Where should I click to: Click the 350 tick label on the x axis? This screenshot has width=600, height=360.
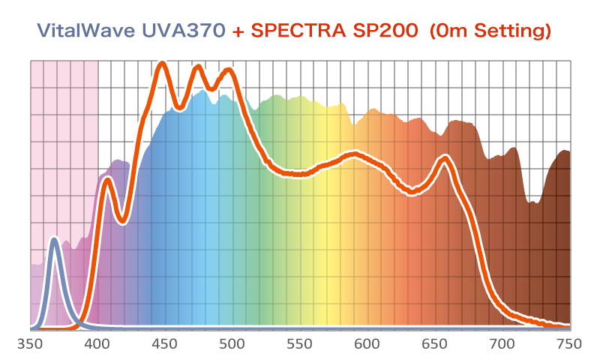(30, 344)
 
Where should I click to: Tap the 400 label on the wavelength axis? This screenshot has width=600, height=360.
(97, 344)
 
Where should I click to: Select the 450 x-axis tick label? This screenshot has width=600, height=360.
(165, 344)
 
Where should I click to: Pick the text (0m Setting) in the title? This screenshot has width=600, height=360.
(487, 31)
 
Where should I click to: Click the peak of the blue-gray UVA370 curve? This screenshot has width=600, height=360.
(54, 239)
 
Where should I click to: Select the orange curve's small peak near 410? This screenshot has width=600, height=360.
(107, 180)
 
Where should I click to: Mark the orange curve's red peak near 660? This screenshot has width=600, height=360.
(445, 159)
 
